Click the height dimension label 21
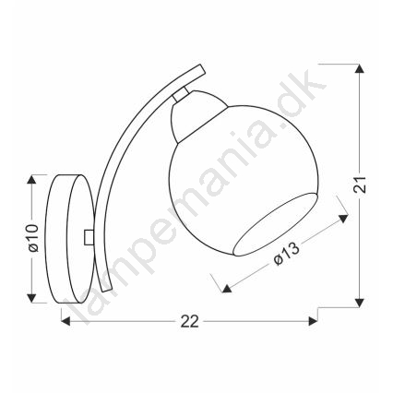pyautogui.click(x=360, y=185)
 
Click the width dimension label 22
pyautogui.click(x=190, y=322)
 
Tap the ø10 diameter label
pyautogui.click(x=33, y=238)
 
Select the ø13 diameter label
pyautogui.click(x=286, y=254)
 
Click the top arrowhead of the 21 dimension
pyautogui.click(x=359, y=68)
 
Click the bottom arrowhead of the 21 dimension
pyautogui.click(x=359, y=303)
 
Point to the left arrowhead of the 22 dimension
pyautogui.click(x=66, y=321)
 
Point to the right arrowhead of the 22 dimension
pyautogui.click(x=313, y=321)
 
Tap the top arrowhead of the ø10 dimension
pyautogui.click(x=31, y=179)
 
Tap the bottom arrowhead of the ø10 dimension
pyautogui.click(x=31, y=298)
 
